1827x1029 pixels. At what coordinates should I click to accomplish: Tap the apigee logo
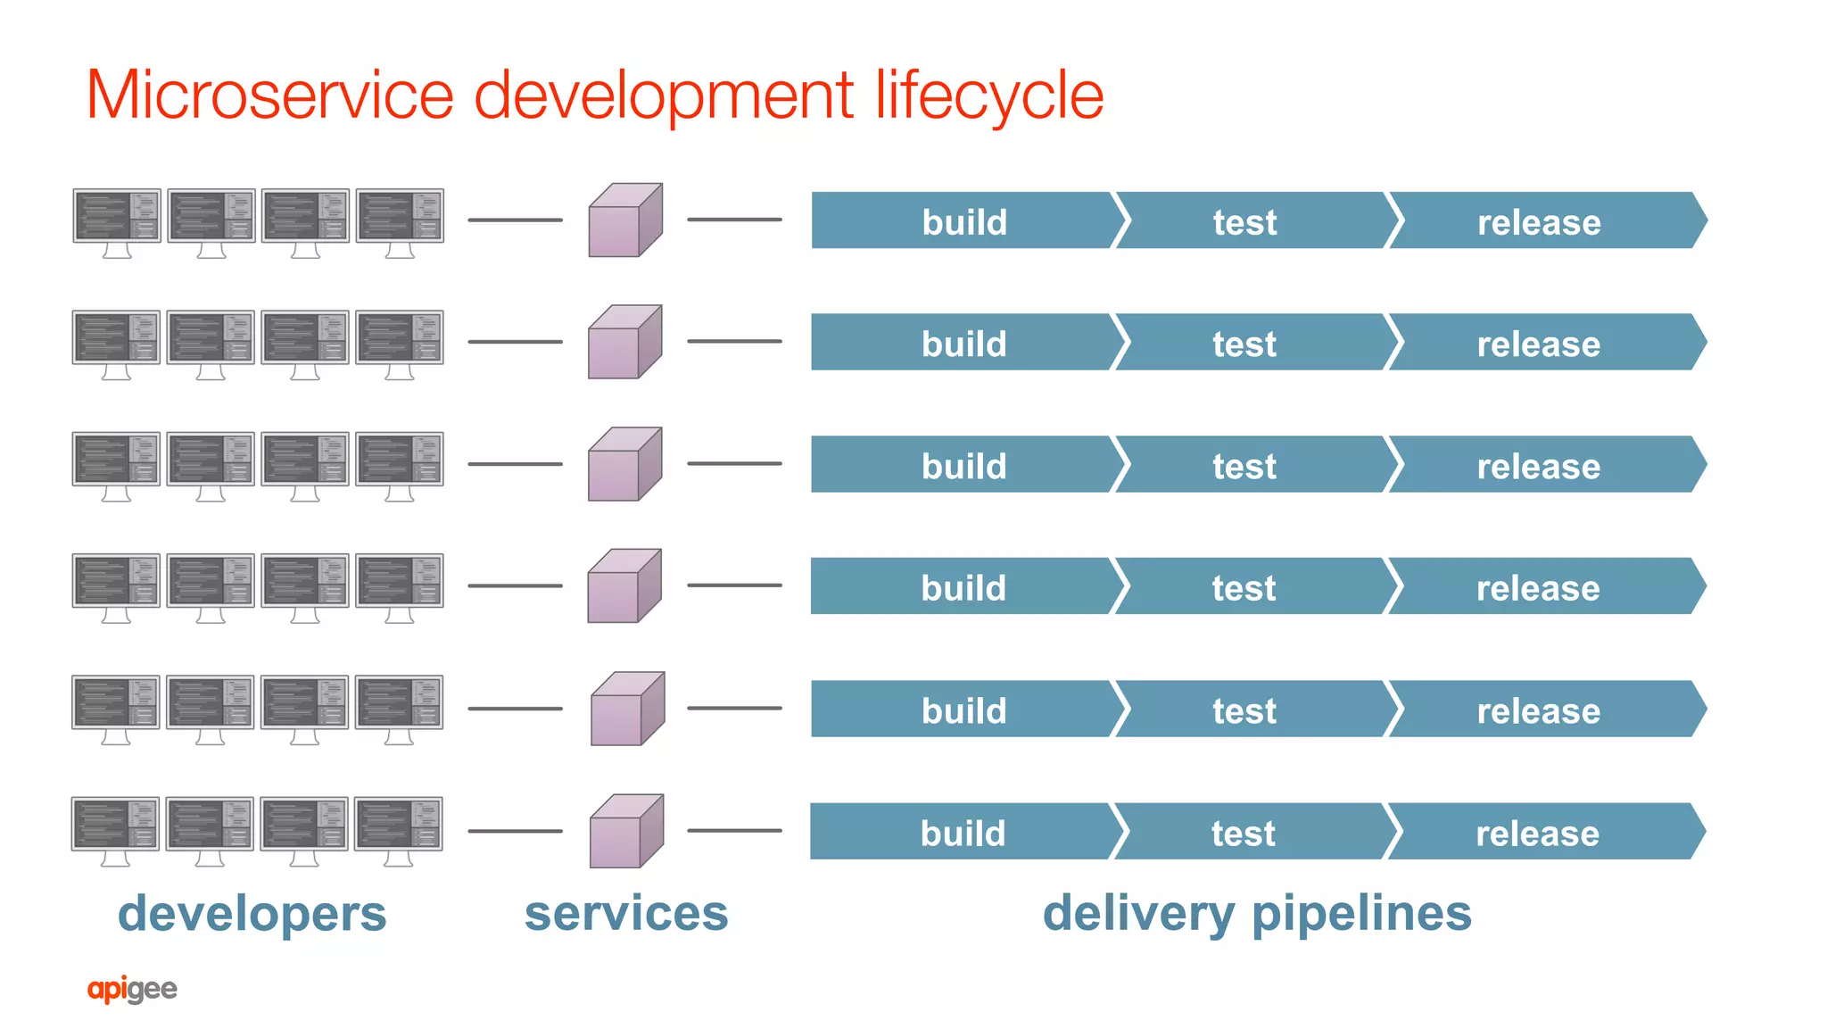tap(132, 989)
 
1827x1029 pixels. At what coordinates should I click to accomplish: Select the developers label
tap(252, 914)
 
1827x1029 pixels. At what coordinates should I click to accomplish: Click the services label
tap(626, 914)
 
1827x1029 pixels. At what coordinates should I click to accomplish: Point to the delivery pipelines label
tap(1257, 914)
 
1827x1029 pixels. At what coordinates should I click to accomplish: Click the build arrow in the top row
tap(963, 221)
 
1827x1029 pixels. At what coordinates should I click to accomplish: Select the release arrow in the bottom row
tap(1537, 833)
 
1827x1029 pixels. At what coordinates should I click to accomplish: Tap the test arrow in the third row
tap(1244, 465)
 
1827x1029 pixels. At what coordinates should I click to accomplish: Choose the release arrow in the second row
tap(1538, 344)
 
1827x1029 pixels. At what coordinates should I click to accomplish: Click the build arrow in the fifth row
tap(963, 710)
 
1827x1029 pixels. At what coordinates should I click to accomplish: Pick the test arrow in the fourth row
tap(1244, 587)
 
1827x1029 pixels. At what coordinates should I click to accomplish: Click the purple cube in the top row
tap(624, 221)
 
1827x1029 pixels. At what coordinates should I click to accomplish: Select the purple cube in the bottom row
tap(625, 832)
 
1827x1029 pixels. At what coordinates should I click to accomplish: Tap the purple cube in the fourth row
tap(624, 586)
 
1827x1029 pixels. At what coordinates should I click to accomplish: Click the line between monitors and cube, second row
tap(515, 342)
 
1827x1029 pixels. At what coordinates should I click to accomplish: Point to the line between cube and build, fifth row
tap(734, 708)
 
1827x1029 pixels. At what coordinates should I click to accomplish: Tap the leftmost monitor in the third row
tap(116, 461)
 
